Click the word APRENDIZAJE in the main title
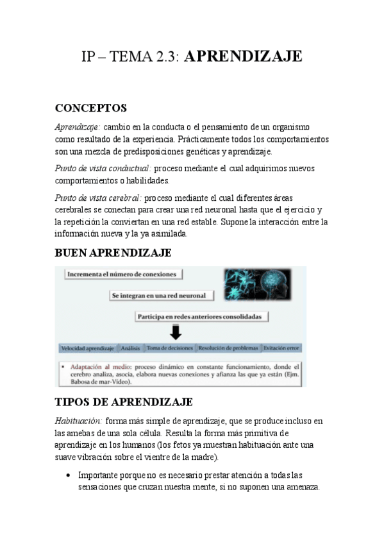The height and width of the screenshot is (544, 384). (243, 57)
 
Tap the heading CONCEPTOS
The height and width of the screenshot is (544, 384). (91, 108)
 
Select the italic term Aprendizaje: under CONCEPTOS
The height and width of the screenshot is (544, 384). (78, 126)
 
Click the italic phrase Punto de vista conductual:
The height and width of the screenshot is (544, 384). (103, 168)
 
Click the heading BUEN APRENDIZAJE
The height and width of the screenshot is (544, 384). (113, 253)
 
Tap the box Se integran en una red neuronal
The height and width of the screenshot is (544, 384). (158, 295)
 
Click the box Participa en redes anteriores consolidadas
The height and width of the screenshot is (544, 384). (202, 316)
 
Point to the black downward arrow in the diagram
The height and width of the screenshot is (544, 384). (175, 332)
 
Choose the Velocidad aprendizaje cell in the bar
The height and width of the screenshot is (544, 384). (87, 348)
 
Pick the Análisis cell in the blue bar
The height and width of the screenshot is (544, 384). (130, 348)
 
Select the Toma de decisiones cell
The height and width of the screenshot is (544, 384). (170, 348)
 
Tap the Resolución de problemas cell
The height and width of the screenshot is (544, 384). (228, 348)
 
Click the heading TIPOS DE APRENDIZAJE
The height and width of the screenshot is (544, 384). (124, 402)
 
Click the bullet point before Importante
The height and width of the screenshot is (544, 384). (68, 476)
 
